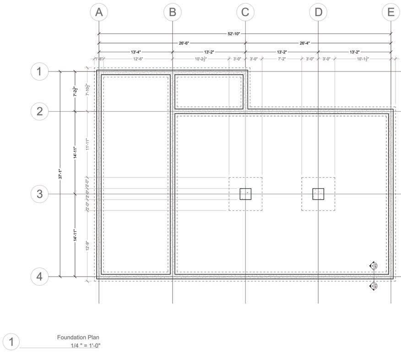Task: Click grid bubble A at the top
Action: (x=99, y=12)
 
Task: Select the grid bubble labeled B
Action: (x=172, y=12)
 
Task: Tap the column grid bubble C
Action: (x=245, y=12)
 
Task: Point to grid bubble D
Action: (x=318, y=12)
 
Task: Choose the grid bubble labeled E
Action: (x=390, y=12)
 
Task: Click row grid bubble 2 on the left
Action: (x=39, y=111)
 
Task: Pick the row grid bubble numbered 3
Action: (x=39, y=194)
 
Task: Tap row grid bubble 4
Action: (x=39, y=277)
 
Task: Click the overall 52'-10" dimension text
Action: (x=233, y=33)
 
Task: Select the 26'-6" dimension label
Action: (x=184, y=43)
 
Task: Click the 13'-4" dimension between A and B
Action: (x=135, y=52)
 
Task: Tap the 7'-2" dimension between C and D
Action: (x=282, y=59)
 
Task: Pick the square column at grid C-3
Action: (x=245, y=194)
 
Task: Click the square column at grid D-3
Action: (x=318, y=194)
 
